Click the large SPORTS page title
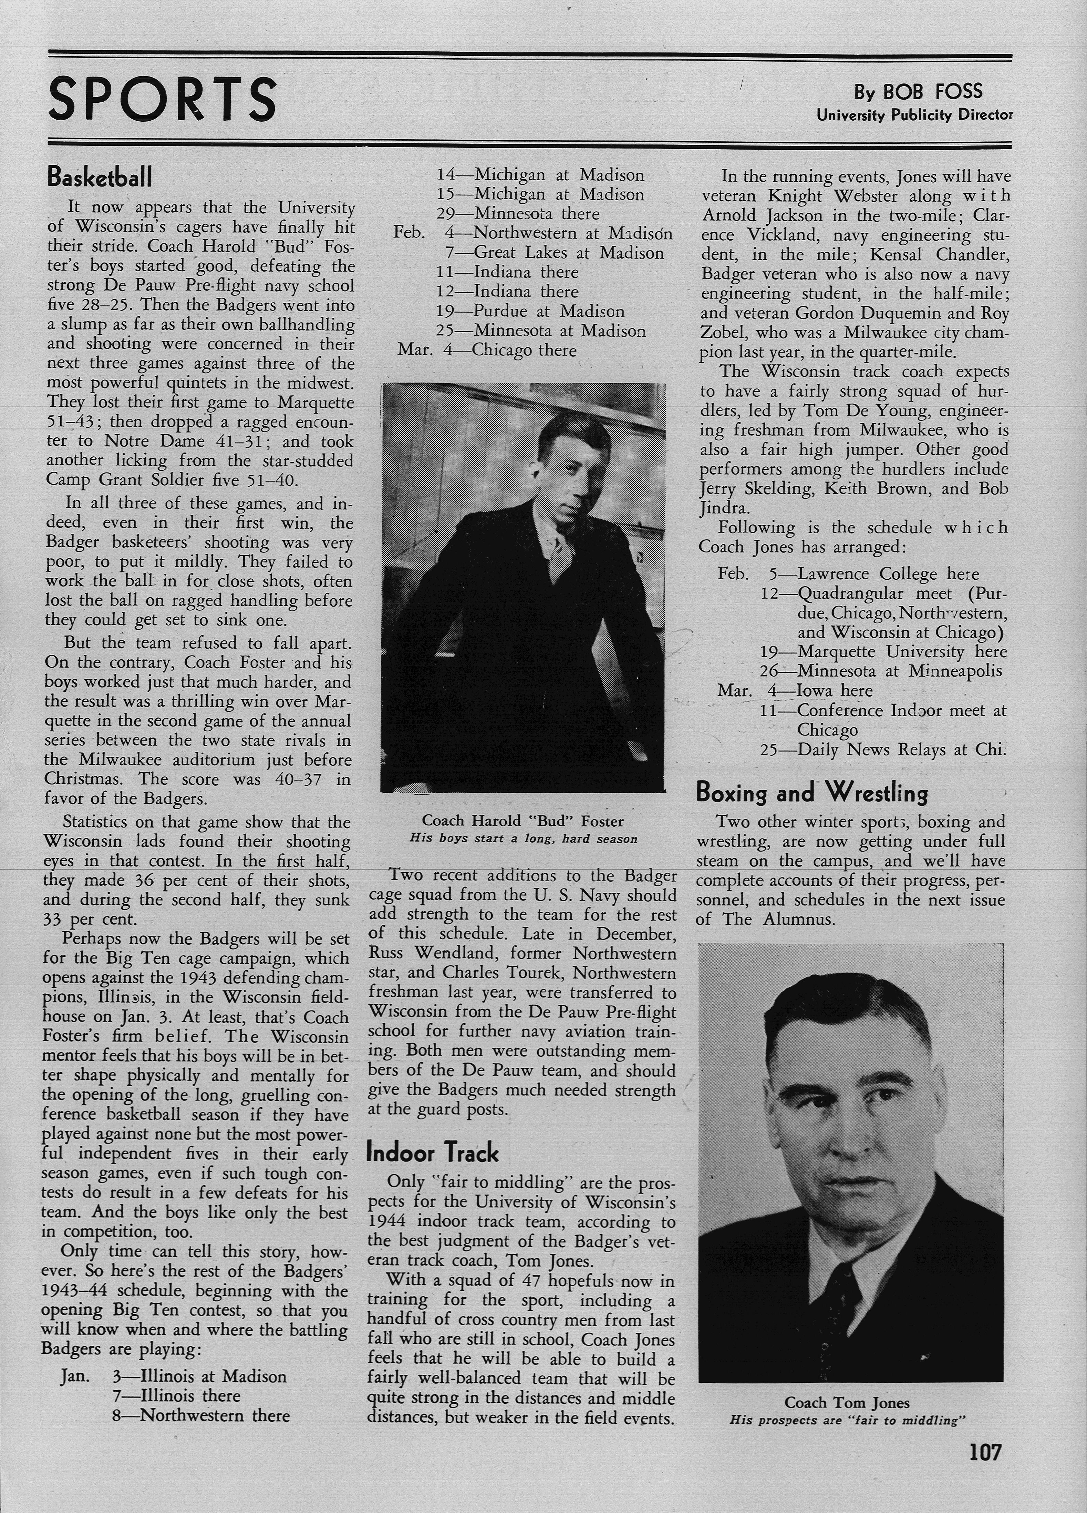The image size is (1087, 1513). point(162,98)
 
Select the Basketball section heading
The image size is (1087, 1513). point(100,177)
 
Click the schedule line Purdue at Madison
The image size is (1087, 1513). point(548,312)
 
